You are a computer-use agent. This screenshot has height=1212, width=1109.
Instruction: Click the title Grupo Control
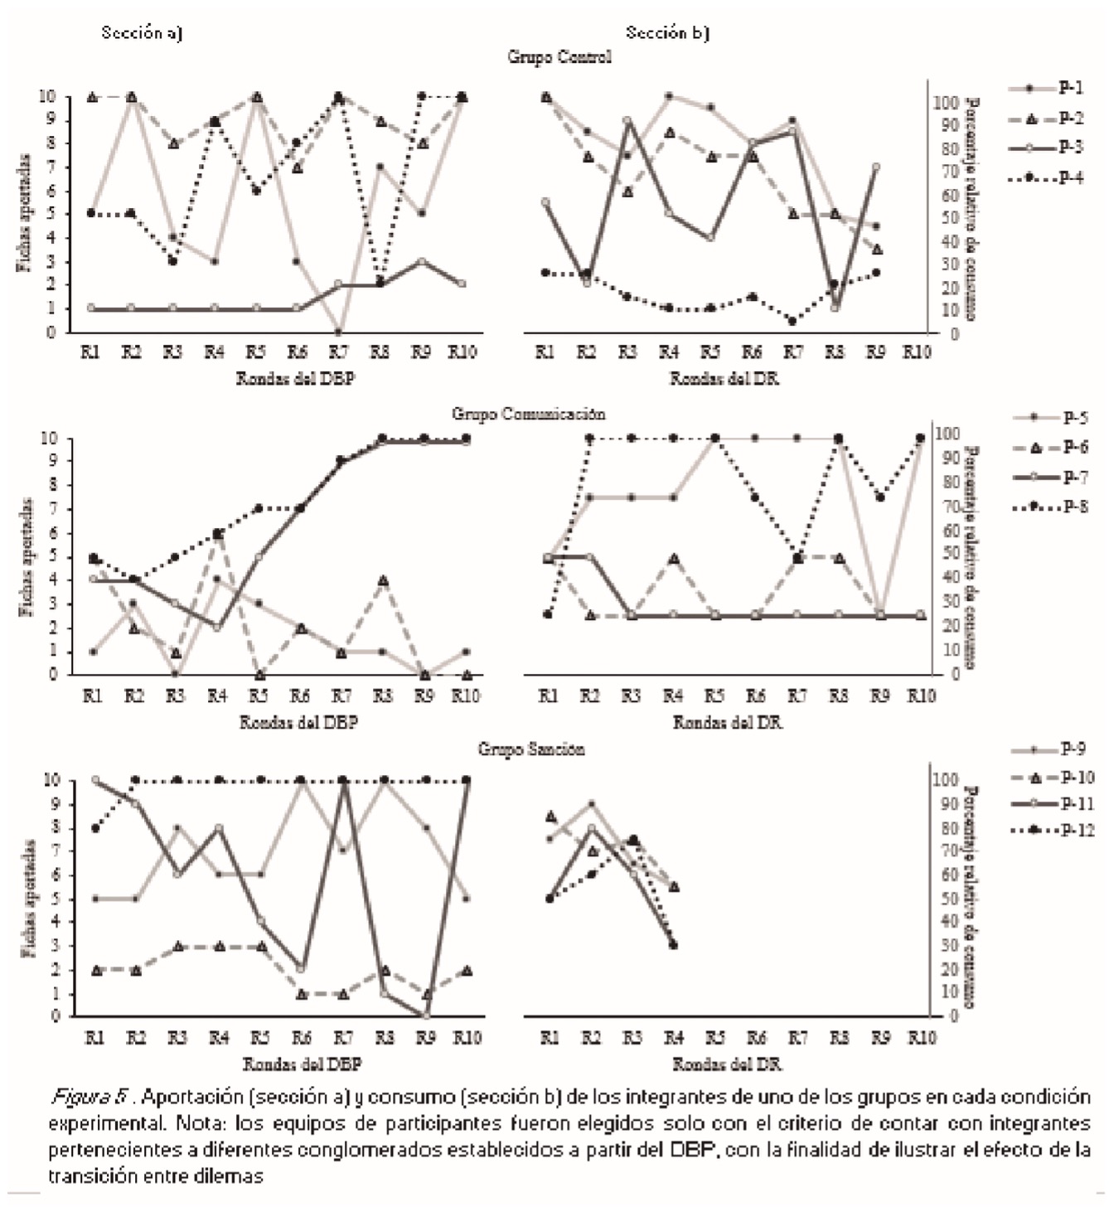pos(559,57)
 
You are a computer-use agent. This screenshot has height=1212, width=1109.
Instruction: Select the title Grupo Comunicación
pos(529,414)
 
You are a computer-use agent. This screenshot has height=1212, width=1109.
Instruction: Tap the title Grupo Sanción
pos(531,749)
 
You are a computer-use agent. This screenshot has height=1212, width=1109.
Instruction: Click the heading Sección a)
pos(142,33)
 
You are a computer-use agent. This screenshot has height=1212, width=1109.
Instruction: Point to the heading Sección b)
pos(667,33)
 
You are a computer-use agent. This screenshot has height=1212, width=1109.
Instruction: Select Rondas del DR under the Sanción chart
pos(727,1064)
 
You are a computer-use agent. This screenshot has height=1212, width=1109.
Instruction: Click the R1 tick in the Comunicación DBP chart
pos(92,696)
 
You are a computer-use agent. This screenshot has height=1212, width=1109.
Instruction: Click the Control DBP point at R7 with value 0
pos(338,332)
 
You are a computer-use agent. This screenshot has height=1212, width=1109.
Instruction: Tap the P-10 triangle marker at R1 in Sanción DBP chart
pos(96,970)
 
